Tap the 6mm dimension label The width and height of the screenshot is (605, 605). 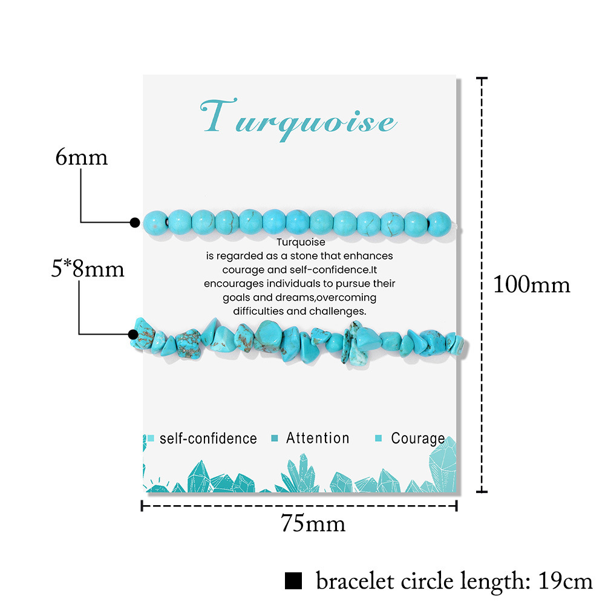tap(81, 157)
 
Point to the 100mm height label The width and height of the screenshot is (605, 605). tap(531, 284)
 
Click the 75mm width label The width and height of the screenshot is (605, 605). tap(313, 523)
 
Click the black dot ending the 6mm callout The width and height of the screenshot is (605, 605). tap(135, 223)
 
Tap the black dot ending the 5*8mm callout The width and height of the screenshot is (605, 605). tap(133, 334)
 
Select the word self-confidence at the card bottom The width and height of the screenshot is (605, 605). tap(208, 439)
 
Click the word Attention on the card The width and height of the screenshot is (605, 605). tap(318, 438)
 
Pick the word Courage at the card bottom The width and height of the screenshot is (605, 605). tap(417, 439)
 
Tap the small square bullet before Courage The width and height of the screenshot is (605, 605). tap(379, 439)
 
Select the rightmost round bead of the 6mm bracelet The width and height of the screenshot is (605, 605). tap(439, 223)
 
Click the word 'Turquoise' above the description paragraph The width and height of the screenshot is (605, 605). tap(299, 243)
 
